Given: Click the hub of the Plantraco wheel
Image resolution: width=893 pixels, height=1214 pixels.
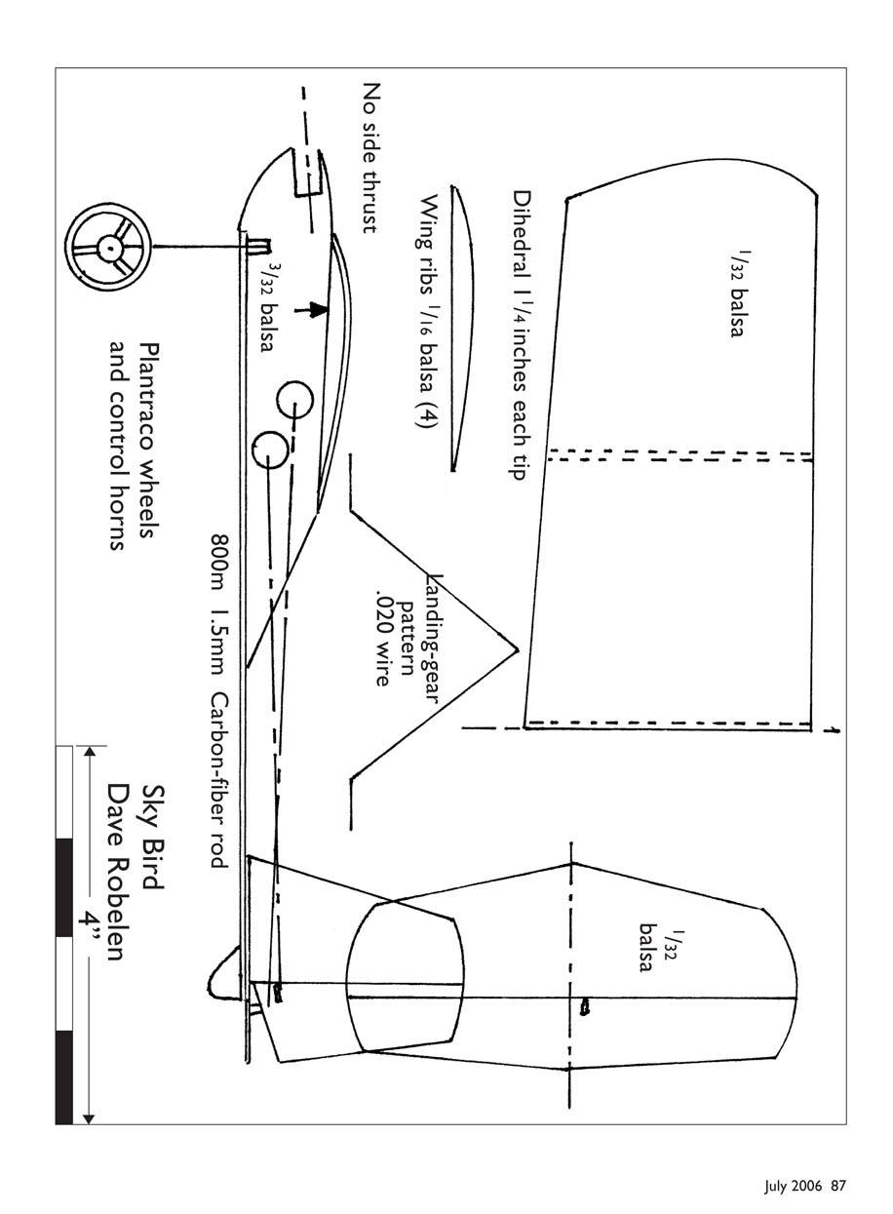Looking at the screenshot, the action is [x=110, y=248].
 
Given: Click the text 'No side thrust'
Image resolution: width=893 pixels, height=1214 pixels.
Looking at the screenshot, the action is [x=370, y=158].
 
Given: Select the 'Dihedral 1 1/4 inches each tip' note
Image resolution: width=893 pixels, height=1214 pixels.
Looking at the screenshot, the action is [x=521, y=334].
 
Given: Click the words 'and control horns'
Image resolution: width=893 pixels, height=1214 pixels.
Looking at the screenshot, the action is [x=118, y=445].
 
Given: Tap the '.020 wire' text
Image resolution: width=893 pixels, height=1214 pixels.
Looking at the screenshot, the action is [x=383, y=639].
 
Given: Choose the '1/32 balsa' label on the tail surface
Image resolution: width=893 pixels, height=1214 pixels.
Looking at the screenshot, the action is [x=658, y=951].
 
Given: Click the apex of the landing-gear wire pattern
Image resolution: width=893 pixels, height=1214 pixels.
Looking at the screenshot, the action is [x=518, y=649].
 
